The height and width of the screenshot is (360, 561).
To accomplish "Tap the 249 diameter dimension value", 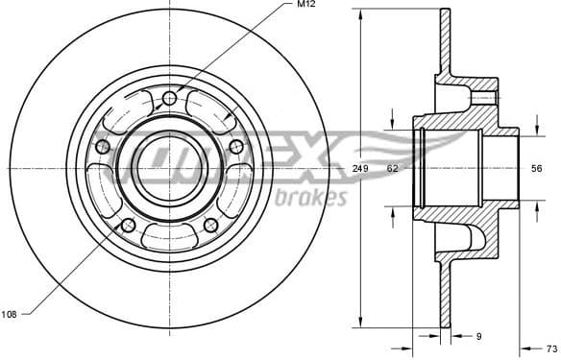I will (x=359, y=169).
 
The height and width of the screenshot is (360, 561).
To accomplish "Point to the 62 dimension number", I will (x=392, y=169).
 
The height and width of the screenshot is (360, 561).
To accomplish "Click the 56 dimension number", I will (x=536, y=169).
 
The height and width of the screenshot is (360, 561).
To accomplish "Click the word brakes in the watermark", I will (x=310, y=199).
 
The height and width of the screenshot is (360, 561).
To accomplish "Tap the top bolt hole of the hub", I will (x=170, y=98).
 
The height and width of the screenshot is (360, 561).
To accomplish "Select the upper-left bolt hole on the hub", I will (x=103, y=146).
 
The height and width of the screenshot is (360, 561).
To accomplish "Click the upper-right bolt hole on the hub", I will (x=235, y=146).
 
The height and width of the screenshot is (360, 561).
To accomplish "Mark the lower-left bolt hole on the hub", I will (x=128, y=225).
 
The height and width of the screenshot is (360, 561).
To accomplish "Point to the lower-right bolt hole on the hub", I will (x=210, y=225).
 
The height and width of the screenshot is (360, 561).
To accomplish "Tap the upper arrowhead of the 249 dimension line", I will (x=359, y=14).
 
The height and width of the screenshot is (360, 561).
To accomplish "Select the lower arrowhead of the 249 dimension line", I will (x=359, y=322).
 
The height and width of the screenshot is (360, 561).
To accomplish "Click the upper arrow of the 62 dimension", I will (x=392, y=123).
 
